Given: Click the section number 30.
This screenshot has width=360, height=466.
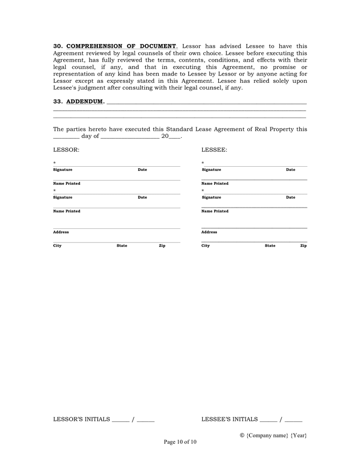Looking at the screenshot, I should [58, 46].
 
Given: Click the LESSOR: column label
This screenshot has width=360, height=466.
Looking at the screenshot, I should [66, 150].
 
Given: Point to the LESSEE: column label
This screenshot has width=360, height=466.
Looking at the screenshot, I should [214, 150].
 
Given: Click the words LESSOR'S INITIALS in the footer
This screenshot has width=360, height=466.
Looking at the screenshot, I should [82, 419].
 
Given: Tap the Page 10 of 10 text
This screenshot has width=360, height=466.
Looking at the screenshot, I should [180, 442].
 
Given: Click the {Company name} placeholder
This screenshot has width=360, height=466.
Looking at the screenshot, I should [267, 435].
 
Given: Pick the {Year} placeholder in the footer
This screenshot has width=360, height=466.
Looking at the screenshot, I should [298, 435].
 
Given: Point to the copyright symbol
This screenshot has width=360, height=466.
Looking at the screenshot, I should [242, 435].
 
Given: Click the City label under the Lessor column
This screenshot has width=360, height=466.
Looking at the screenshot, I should [57, 246].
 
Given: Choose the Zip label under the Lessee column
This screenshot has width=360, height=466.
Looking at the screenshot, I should [303, 246].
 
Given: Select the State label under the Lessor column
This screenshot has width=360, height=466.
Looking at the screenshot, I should [122, 246].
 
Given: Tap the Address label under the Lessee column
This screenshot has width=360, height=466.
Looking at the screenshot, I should [209, 232].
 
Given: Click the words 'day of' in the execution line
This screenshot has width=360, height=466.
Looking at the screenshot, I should [90, 136].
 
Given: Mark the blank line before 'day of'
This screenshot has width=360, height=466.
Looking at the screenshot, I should [66, 137].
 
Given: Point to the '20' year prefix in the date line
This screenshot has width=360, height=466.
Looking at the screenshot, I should [165, 136].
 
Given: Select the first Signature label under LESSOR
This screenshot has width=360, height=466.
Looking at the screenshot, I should [63, 170].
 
